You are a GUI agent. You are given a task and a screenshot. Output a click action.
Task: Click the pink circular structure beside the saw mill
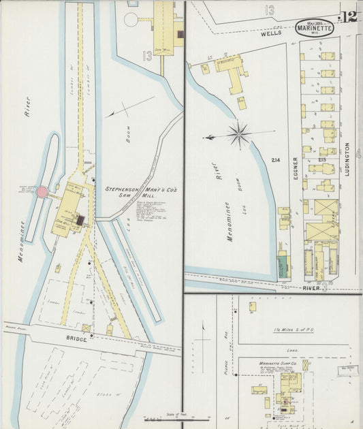tap(42, 193)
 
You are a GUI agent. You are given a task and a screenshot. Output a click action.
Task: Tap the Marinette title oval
tap(315, 29)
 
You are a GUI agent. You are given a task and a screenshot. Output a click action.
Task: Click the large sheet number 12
tap(349, 17)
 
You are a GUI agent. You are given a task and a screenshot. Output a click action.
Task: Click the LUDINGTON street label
tap(347, 159)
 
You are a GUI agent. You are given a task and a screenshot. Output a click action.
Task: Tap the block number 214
tap(275, 160)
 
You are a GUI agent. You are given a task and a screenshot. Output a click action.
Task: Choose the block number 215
tap(321, 160)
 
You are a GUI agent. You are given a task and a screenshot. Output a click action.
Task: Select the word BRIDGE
tap(76, 338)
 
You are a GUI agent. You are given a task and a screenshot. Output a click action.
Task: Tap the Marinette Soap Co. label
tap(279, 364)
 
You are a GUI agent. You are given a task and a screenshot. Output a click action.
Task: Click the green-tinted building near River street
tap(283, 264)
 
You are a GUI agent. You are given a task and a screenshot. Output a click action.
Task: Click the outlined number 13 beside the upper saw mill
tap(147, 54)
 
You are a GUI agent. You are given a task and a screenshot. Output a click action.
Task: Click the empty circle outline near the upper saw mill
tap(131, 2)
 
